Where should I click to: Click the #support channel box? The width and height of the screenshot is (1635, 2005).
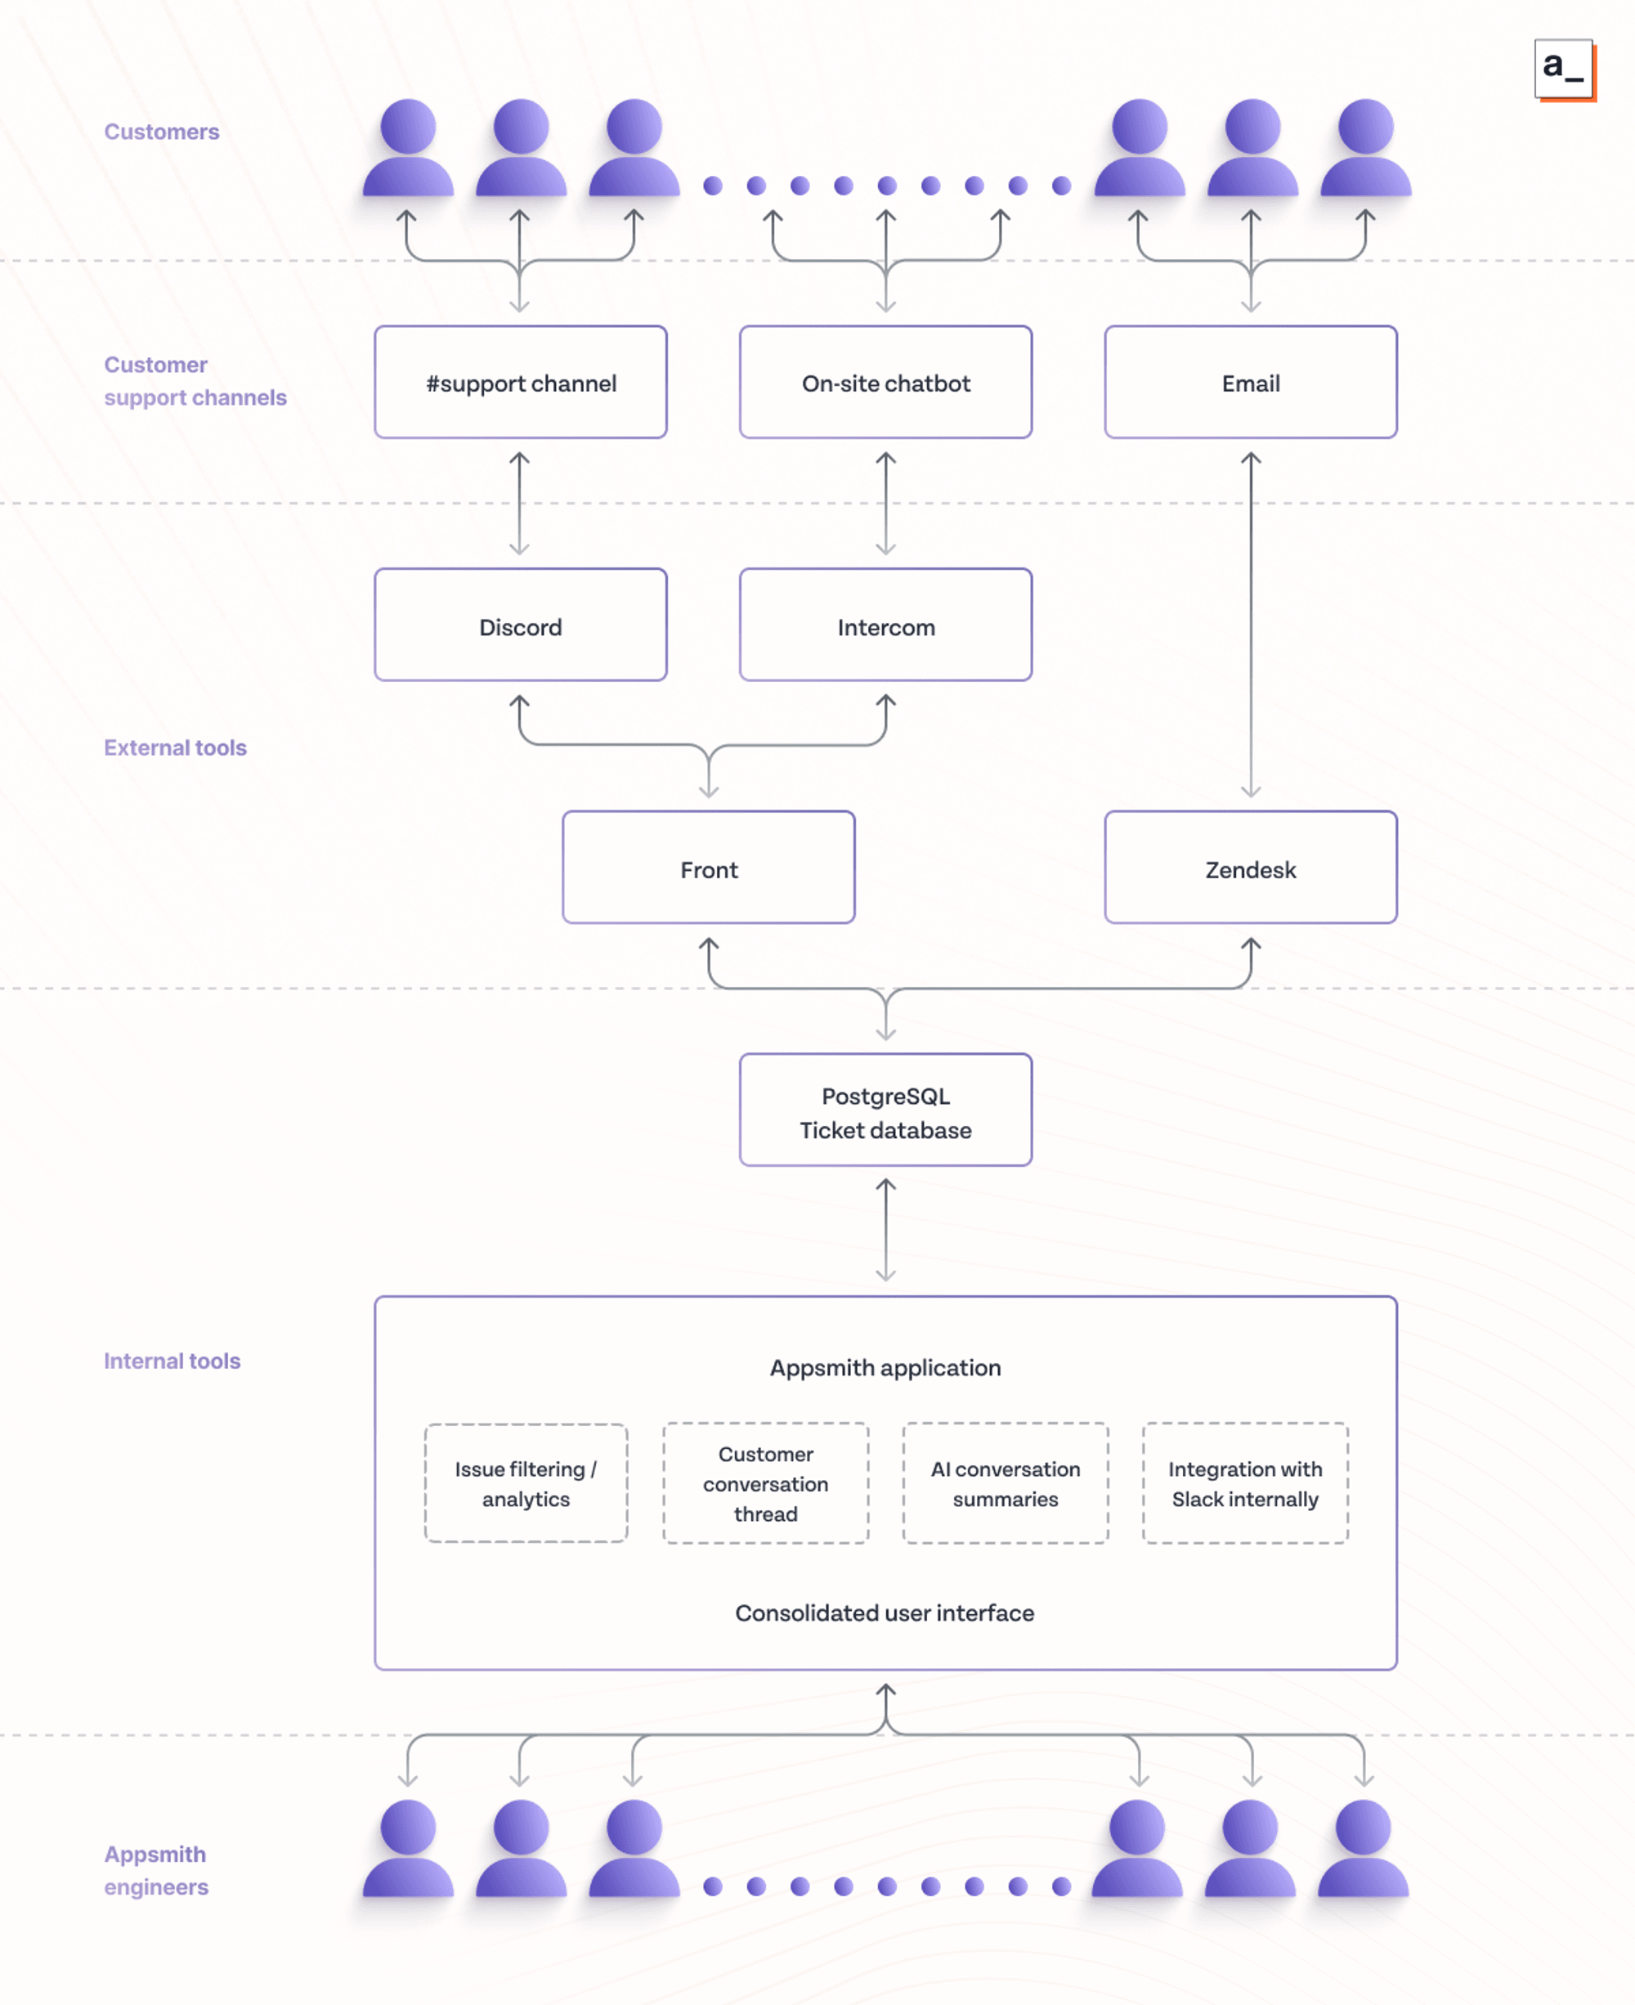pos(520,383)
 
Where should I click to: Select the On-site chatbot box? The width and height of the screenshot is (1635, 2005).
pos(885,383)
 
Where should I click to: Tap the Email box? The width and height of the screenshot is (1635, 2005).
pos(1250,383)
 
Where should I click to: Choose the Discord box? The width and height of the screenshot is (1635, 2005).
pos(520,626)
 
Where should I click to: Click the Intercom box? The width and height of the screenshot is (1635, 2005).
pos(885,626)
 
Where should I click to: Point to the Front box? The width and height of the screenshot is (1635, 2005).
pos(708,868)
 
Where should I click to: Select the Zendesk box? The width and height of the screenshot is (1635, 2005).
pos(1250,868)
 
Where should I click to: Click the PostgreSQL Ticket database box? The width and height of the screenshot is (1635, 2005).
pos(885,1111)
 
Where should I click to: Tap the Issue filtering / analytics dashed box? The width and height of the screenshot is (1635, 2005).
pos(526,1483)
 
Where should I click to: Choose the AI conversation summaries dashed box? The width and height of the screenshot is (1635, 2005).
pos(1005,1483)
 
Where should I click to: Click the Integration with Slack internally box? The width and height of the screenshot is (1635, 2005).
pos(1244,1483)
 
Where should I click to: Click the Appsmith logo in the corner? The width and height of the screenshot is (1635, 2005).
pos(1563,69)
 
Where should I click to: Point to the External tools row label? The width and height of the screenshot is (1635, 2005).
pos(175,747)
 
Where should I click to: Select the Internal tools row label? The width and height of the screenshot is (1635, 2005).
pos(172,1361)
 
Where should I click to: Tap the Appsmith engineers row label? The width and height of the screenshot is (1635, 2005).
pos(155,1870)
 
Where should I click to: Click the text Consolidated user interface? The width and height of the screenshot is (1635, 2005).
pos(885,1613)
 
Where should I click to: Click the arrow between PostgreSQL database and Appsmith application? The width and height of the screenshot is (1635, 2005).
pos(885,1230)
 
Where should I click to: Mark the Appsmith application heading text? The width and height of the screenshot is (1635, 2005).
pos(885,1367)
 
